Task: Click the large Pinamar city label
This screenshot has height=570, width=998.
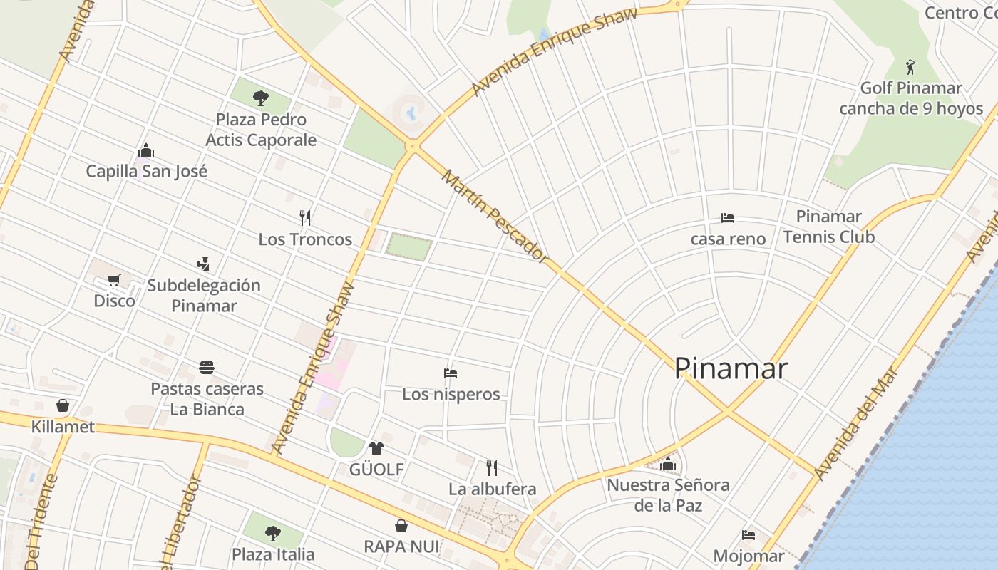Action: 731,368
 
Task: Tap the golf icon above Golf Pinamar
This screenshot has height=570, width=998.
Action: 910,68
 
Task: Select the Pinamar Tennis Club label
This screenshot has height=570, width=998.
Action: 828,227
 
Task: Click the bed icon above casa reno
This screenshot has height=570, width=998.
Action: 728,218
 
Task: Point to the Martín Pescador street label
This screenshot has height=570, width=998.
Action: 495,216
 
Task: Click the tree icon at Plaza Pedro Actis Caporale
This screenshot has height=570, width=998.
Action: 261,98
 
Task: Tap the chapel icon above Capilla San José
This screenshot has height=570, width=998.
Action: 146,150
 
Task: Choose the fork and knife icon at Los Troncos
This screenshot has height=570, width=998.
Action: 305,217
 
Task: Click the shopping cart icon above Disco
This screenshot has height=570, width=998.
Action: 114,280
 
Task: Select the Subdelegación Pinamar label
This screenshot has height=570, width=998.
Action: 204,296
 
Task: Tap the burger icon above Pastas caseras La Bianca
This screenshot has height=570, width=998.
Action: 207,368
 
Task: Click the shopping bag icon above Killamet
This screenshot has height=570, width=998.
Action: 63,405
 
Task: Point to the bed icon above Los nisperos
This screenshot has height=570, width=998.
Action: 451,373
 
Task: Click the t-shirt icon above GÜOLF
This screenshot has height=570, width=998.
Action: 376,448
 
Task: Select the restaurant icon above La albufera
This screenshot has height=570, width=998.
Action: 492,467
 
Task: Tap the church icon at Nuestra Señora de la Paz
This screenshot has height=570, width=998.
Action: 668,465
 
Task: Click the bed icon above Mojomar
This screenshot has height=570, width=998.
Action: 748,534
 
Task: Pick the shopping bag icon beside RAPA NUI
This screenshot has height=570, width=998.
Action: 401,526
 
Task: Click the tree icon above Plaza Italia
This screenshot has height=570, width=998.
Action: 272,533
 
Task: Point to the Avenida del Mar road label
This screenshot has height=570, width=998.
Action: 855,423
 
